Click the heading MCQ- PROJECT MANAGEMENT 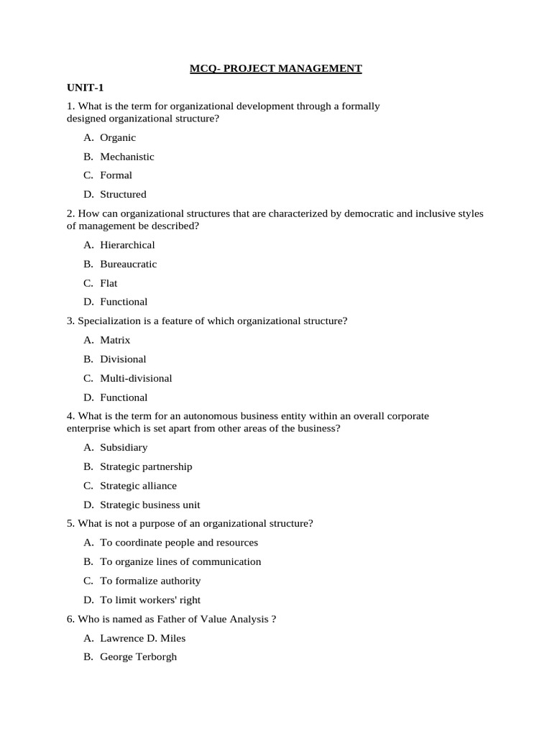click(276, 69)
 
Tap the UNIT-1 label click(86, 88)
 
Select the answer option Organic click(118, 137)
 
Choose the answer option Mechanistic click(127, 157)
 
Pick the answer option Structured click(123, 194)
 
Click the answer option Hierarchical click(127, 245)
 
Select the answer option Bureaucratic click(128, 264)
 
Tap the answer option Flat click(109, 283)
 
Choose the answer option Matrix click(115, 340)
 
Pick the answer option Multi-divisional click(136, 378)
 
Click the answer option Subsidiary click(124, 447)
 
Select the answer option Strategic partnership click(146, 466)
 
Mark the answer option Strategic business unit click(150, 505)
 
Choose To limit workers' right click(150, 600)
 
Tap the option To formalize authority click(150, 581)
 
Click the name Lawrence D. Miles click(143, 638)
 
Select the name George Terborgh click(138, 657)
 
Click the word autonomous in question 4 click(190, 416)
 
